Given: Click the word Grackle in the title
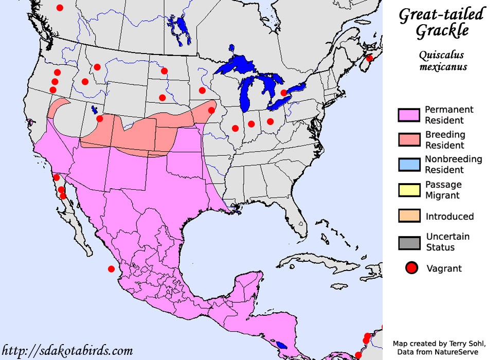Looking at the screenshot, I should tap(442, 31).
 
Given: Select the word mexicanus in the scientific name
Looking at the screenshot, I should tap(442, 67).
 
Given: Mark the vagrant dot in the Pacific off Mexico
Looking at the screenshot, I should tap(111, 268).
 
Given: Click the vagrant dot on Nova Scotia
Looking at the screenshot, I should tap(369, 59).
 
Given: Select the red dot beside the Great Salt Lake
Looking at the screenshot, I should tap(100, 119).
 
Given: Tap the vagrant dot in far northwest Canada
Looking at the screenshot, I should tap(60, 8).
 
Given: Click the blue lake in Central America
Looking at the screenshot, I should tap(280, 345).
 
